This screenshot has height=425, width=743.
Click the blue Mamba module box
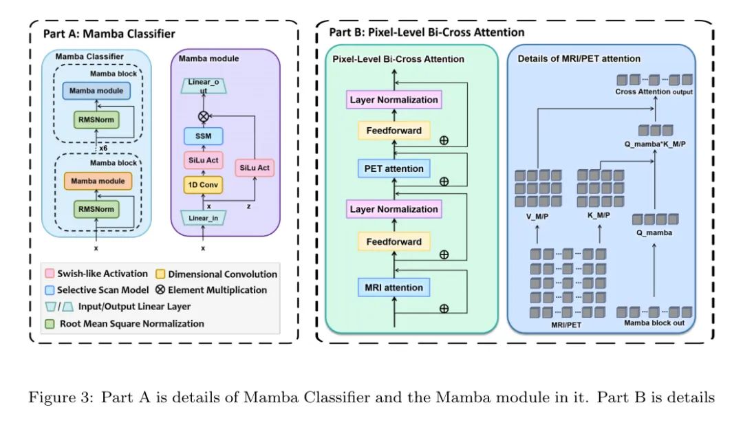tap(96, 91)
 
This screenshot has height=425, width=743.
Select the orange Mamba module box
tap(96, 182)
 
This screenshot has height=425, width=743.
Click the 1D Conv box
tap(202, 184)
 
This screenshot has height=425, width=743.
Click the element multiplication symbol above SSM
tap(202, 116)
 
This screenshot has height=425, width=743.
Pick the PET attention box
tap(394, 168)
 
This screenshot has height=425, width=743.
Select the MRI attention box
tap(394, 286)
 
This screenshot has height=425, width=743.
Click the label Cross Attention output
tap(654, 92)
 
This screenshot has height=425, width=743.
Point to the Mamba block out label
tap(654, 323)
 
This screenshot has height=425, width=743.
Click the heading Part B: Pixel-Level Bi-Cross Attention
tap(427, 32)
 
